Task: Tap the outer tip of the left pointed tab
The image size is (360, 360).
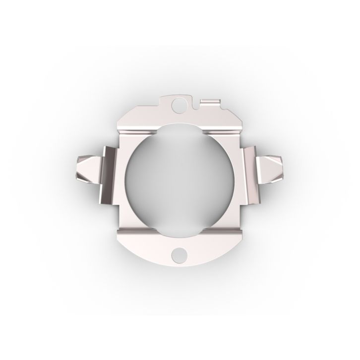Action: coord(78,166)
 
